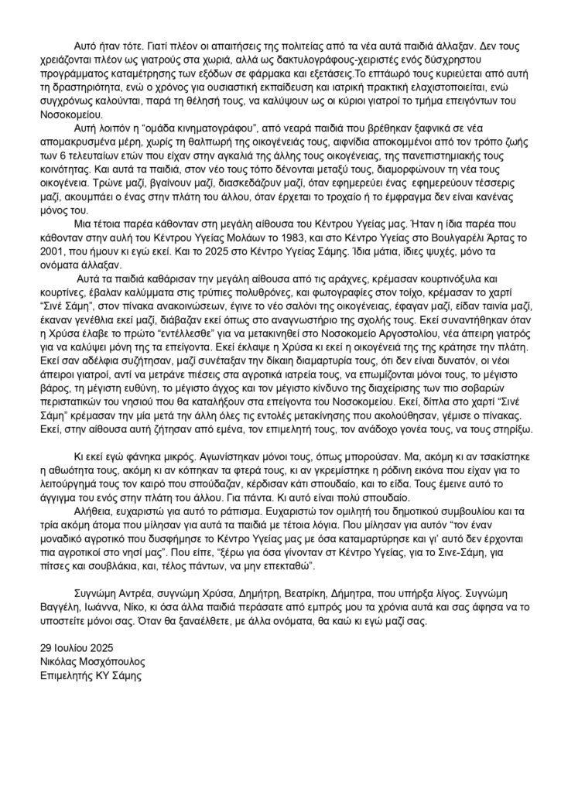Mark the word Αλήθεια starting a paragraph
pyautogui.click(x=97, y=510)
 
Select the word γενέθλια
pyautogui.click(x=112, y=326)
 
